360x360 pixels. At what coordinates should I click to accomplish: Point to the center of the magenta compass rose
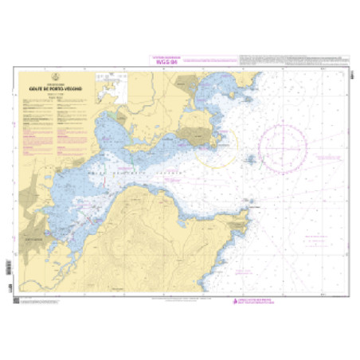tap(283, 149)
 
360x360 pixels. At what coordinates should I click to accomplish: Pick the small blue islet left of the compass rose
tap(252, 159)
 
